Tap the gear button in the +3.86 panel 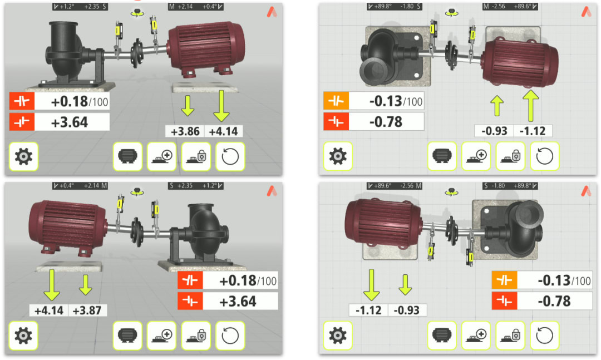[23, 157]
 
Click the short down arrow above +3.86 [188, 103]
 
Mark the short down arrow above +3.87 [85, 284]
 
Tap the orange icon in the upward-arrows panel [336, 101]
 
